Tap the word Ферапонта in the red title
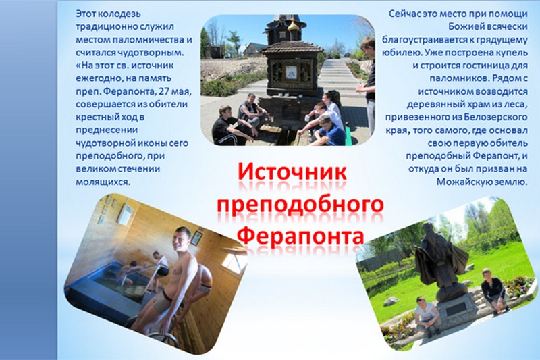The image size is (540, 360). (x=301, y=236)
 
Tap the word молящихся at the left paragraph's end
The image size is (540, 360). (x=103, y=182)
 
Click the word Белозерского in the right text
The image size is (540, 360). (x=495, y=117)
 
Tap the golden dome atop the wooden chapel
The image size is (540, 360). (x=293, y=25)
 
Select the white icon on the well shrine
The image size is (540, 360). (x=291, y=72)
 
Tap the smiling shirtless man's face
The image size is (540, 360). (x=182, y=239)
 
